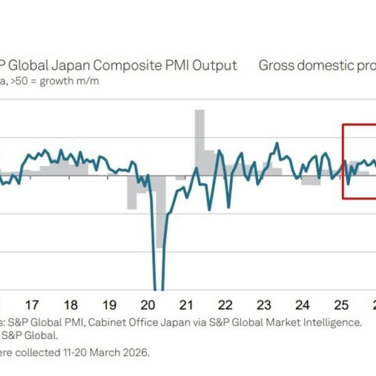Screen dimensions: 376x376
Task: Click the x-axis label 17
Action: tap(32, 305)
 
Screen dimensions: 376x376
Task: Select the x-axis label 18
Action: tap(71, 305)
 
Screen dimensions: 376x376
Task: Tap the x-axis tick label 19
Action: tap(109, 305)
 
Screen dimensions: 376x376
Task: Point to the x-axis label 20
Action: tap(148, 305)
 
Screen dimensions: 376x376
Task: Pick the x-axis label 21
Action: tap(186, 305)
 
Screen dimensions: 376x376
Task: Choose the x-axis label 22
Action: tap(225, 305)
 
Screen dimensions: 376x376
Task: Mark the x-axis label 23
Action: tap(264, 305)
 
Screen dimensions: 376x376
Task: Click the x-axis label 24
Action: tap(303, 305)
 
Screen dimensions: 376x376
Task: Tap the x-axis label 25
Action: tap(342, 305)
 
